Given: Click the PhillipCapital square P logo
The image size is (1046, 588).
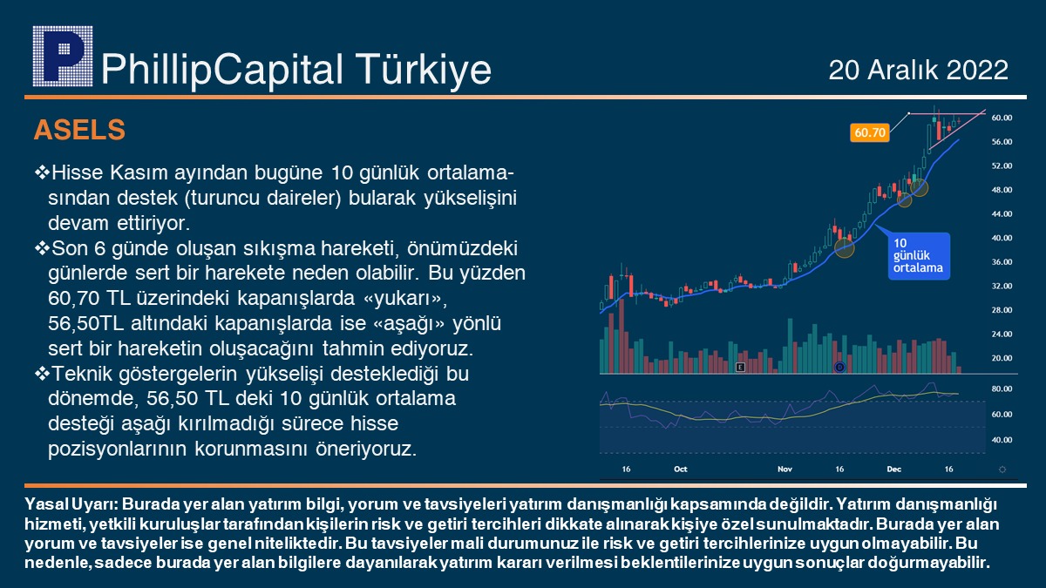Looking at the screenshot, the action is click(x=63, y=56).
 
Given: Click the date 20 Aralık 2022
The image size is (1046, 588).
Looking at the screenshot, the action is click(x=918, y=70).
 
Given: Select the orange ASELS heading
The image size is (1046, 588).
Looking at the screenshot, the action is click(x=79, y=129).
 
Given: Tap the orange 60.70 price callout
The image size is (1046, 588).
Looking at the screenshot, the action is click(x=870, y=132).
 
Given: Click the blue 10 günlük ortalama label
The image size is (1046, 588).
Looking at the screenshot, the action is click(x=919, y=256).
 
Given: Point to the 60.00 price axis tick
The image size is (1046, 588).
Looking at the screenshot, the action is click(x=1002, y=118).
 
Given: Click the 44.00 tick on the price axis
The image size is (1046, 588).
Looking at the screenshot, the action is click(x=1002, y=213).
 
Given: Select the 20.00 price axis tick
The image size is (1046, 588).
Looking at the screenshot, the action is click(x=1002, y=358).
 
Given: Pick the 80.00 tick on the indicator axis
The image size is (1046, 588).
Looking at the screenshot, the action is click(x=1002, y=389).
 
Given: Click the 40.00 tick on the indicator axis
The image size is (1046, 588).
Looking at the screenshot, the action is click(x=1002, y=440).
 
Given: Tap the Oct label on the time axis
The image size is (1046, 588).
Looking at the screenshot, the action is click(x=681, y=469).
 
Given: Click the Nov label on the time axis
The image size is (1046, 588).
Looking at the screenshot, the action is click(x=785, y=469).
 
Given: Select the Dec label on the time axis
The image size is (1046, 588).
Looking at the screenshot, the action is click(x=893, y=469).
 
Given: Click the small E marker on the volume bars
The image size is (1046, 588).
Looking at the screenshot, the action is click(x=740, y=368).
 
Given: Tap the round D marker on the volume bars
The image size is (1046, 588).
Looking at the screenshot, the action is click(x=839, y=368).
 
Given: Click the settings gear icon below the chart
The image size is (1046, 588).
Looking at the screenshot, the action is click(x=1002, y=470).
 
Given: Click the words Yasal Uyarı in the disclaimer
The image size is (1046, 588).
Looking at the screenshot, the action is click(x=71, y=504).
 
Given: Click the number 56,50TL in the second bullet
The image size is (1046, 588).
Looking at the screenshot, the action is click(x=86, y=323).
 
